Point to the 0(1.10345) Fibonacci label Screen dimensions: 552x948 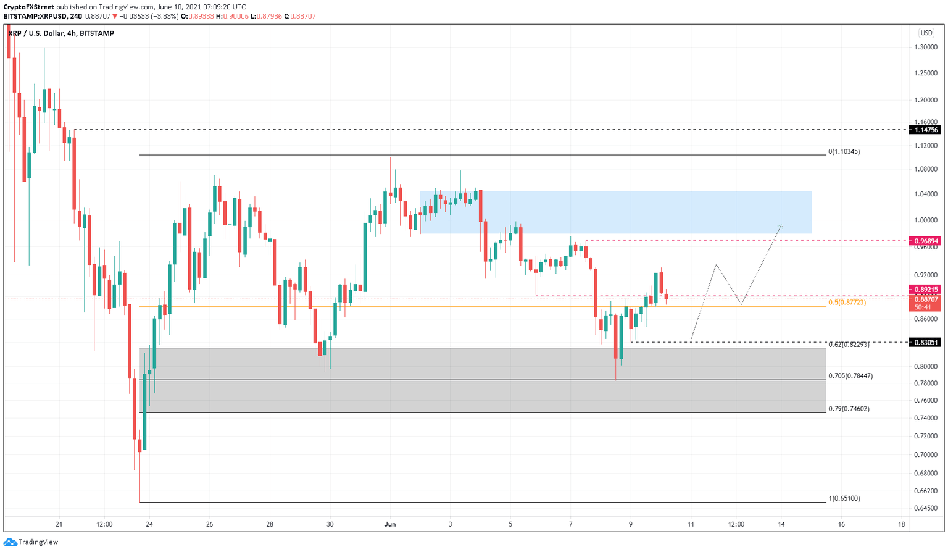coord(844,151)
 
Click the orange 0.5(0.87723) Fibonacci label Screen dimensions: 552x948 coord(847,303)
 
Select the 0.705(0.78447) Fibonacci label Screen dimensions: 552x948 coord(850,375)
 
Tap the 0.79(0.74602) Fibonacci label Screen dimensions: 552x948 coord(849,408)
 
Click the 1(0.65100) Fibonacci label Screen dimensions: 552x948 coord(844,498)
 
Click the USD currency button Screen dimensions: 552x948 coord(926,33)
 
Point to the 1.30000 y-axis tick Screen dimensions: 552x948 coord(926,47)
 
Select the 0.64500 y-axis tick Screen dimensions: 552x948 coord(926,508)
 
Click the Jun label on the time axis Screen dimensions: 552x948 coord(390,524)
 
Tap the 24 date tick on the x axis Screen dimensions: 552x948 coord(149,524)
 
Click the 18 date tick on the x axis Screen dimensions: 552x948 coord(902,524)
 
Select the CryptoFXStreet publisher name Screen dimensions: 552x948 coord(28,7)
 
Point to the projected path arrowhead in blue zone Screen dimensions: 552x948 coord(781,225)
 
